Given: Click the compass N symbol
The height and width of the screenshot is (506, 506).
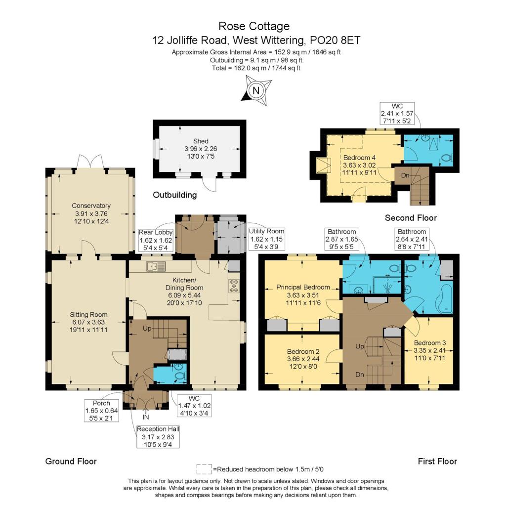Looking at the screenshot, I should pos(255,91).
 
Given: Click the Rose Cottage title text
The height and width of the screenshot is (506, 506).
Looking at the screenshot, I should pos(254,26).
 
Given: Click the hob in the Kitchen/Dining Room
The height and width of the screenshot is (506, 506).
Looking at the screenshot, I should pos(233,287).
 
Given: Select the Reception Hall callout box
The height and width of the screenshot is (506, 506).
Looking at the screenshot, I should pos(158,436).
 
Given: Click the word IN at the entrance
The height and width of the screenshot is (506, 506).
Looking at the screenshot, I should pos(146,416).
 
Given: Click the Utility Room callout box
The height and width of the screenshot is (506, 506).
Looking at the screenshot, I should pos(267,238).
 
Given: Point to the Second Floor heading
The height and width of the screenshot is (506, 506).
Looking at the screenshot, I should pos(411,218).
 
